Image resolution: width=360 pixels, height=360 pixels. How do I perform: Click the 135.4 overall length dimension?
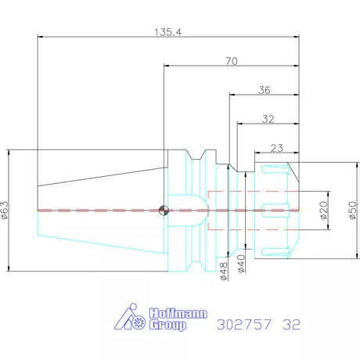(x=167, y=32)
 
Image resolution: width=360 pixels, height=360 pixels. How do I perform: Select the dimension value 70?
(x=232, y=61)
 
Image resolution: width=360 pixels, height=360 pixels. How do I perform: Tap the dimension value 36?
(x=265, y=90)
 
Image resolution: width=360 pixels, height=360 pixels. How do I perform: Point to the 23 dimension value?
(x=277, y=148)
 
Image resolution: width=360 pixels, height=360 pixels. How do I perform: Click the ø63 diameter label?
(x=5, y=211)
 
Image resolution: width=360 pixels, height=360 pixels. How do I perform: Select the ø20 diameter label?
(x=323, y=211)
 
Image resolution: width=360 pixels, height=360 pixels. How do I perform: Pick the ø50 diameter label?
(x=352, y=211)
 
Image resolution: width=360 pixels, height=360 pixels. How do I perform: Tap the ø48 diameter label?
(x=224, y=272)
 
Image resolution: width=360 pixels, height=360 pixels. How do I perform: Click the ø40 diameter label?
(x=241, y=264)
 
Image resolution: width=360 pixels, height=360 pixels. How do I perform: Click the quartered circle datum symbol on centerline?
(x=164, y=211)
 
